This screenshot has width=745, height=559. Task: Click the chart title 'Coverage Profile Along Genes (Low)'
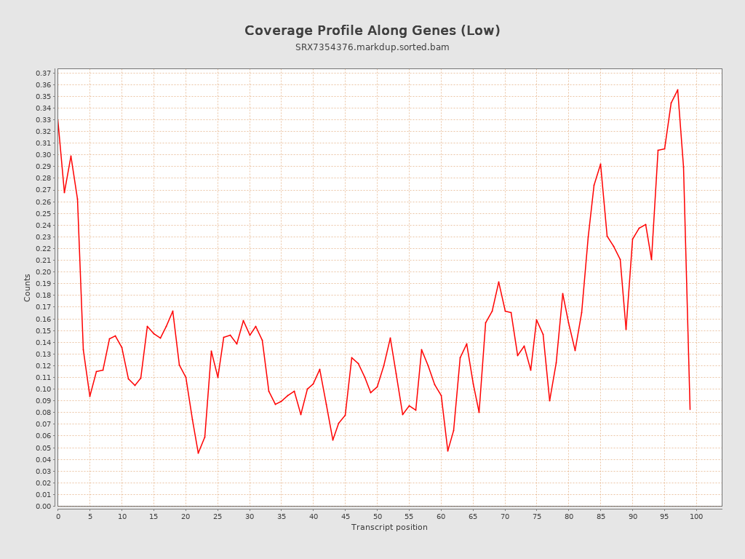(x=372, y=31)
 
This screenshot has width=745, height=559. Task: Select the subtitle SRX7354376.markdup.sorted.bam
(x=372, y=47)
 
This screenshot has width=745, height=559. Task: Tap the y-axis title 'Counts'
(x=28, y=288)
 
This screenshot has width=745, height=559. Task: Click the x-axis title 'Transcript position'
(x=389, y=527)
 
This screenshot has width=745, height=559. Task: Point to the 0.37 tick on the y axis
(x=44, y=74)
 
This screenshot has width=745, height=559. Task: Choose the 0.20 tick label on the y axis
(x=44, y=272)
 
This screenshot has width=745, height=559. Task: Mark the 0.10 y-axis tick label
(x=44, y=389)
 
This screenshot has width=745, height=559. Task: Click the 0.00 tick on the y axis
(x=44, y=506)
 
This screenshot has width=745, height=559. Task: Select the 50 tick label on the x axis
(x=377, y=516)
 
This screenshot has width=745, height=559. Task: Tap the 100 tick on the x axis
(x=696, y=516)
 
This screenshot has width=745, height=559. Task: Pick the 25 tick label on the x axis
(x=218, y=516)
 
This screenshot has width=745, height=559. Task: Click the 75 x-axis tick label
(x=537, y=516)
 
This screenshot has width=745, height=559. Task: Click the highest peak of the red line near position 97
(x=677, y=90)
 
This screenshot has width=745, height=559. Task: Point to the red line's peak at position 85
(x=600, y=164)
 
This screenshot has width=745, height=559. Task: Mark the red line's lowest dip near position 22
(x=198, y=453)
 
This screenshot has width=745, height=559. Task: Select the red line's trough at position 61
(x=447, y=451)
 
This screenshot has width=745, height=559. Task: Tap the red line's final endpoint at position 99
(x=690, y=410)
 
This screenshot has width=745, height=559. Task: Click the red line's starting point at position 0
(x=58, y=121)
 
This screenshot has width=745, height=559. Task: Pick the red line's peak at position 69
(x=498, y=282)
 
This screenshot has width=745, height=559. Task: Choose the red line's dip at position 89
(x=626, y=330)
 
